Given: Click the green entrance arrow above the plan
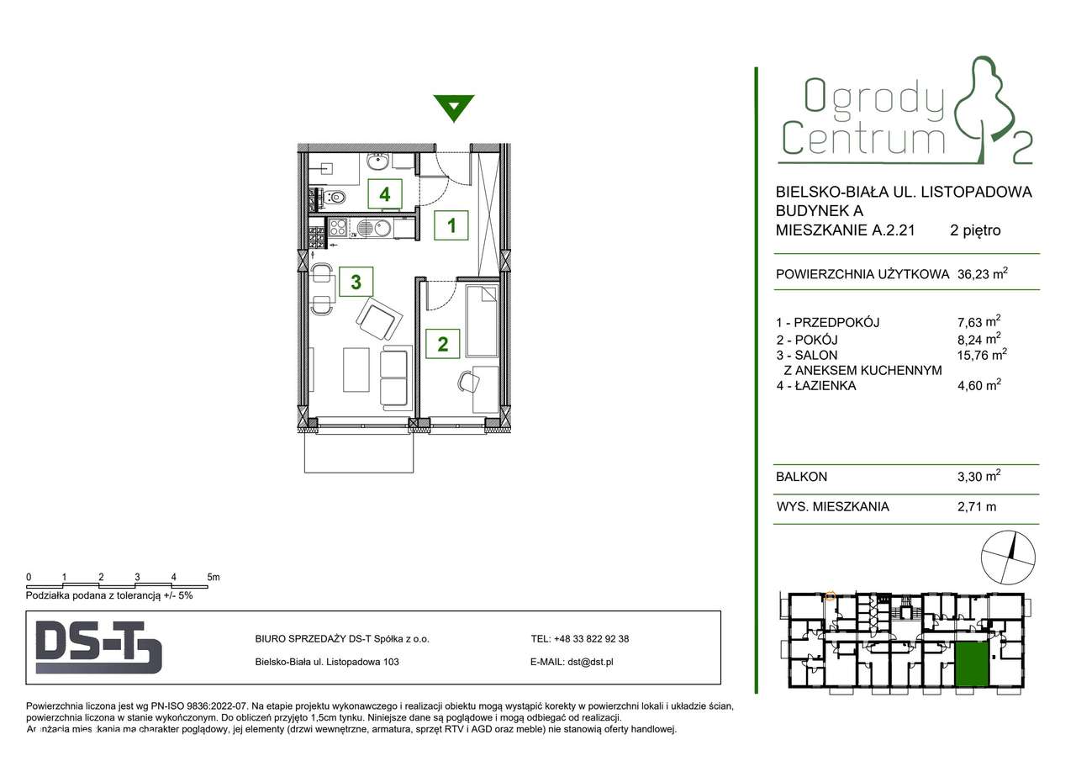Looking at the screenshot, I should (x=454, y=108).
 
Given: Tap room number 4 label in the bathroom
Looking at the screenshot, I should (x=384, y=194).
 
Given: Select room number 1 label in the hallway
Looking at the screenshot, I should (x=451, y=225).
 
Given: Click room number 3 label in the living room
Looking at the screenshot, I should (x=356, y=282).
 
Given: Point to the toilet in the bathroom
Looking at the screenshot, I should (x=337, y=198).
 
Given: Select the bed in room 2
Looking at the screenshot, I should (x=483, y=320).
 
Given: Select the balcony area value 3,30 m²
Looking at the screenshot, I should (x=974, y=477).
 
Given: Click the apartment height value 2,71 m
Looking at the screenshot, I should (x=972, y=506).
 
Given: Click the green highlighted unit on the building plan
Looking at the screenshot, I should (x=971, y=664).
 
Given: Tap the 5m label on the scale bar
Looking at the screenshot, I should (x=214, y=577).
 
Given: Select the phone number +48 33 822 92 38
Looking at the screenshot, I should (x=592, y=638).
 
